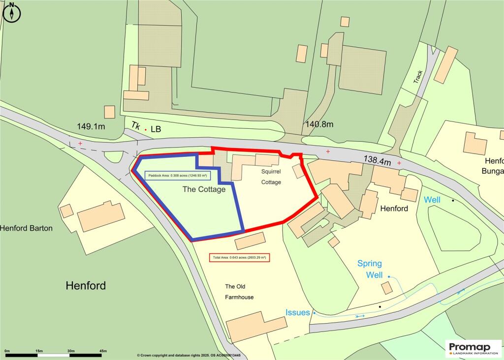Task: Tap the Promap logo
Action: click(473, 349)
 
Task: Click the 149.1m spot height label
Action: click(91, 126)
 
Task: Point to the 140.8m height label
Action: click(319, 124)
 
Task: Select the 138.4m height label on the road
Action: click(378, 160)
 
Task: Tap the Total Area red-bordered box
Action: click(240, 258)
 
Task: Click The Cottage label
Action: click(204, 189)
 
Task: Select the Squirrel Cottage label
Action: click(271, 177)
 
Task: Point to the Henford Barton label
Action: click(26, 228)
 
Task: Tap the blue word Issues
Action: click(298, 313)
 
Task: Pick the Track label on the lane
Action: click(419, 76)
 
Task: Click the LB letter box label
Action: click(156, 129)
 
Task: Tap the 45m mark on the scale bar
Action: click(103, 351)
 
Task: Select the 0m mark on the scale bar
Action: click(7, 351)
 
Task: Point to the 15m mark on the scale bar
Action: click(39, 351)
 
